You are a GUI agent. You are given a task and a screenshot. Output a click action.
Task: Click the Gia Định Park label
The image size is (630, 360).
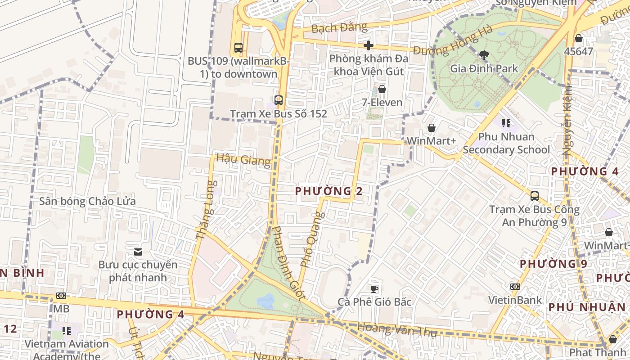(x=484, y=69)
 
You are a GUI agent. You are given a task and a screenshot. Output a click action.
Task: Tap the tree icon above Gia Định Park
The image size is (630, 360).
(x=484, y=55)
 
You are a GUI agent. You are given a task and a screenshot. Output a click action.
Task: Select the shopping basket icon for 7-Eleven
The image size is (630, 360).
(x=382, y=89)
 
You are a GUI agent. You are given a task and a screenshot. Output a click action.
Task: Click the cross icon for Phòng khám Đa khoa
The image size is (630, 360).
(x=369, y=45)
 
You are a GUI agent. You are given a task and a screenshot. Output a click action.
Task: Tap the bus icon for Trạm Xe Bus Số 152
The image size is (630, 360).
(x=279, y=100)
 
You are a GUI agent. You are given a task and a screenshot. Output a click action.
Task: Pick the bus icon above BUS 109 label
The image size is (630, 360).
(x=238, y=47)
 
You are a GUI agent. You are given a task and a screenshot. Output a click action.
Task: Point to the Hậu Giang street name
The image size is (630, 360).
(x=243, y=160)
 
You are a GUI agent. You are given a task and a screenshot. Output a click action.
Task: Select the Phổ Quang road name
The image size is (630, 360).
(x=312, y=238)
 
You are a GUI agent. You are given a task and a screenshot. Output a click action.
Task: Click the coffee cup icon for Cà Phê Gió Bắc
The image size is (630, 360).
(x=374, y=288)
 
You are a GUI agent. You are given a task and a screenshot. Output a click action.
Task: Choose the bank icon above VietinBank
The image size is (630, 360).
(x=515, y=287)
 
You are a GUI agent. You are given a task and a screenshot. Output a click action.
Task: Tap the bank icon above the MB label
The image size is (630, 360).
(x=61, y=296)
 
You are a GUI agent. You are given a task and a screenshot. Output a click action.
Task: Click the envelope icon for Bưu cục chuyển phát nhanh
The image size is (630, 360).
(x=138, y=252)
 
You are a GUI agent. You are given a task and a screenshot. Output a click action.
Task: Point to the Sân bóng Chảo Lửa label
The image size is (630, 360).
(x=87, y=201)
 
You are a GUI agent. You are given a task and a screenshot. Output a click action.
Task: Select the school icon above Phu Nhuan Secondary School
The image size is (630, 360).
(x=506, y=123)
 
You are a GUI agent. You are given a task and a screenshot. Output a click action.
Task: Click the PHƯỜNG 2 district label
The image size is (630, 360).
(x=328, y=191)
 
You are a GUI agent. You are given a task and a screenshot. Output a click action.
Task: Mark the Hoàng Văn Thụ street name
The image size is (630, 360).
(x=397, y=329)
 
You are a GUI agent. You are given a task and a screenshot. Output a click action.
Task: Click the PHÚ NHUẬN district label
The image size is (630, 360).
(x=587, y=307)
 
